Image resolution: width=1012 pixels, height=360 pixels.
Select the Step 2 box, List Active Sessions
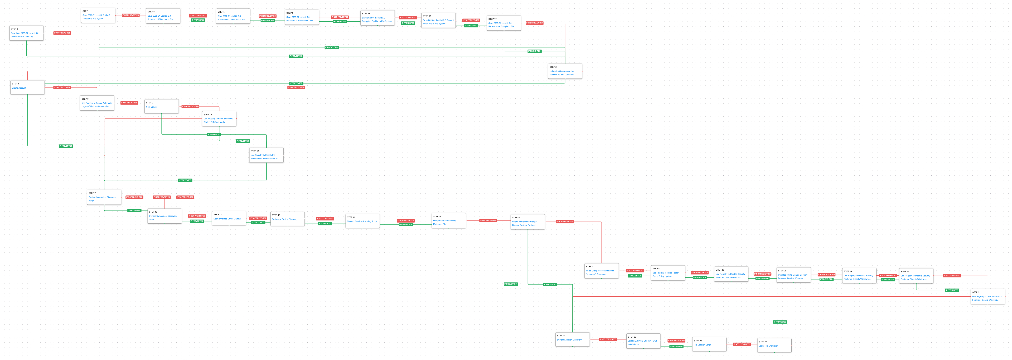565,71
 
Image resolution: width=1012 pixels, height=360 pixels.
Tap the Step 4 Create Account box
27,87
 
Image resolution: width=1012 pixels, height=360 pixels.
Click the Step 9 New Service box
161,106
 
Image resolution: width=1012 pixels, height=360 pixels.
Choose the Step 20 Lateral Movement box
528,222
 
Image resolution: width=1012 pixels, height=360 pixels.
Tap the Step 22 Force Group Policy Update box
602,271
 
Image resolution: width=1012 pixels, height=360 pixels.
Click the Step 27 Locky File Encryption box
774,345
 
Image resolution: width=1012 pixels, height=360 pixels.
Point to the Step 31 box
988,296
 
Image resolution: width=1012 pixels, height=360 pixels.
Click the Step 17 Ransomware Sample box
504,23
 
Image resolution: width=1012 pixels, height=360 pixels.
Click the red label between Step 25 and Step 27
742,344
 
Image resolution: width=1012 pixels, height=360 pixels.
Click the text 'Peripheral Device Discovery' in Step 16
285,219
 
